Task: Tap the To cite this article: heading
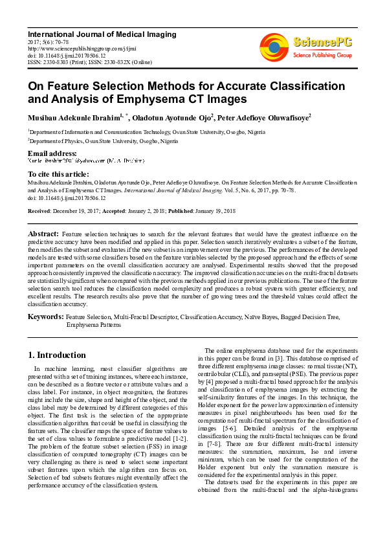pos(58,175)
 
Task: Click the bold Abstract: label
pos(43,233)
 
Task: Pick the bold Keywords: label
pos(45,317)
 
